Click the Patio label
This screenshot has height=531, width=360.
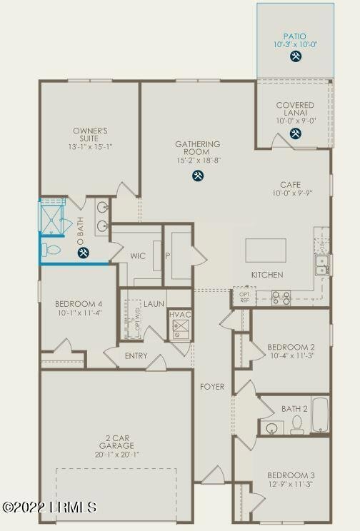[x=295, y=35]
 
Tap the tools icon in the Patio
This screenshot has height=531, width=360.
[x=295, y=59]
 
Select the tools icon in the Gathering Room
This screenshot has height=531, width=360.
[x=197, y=176]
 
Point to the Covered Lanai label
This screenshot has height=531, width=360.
[x=295, y=109]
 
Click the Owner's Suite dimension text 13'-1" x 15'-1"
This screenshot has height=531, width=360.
[x=90, y=147]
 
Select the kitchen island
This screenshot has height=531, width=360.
[x=266, y=250]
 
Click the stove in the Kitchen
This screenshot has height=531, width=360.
[x=281, y=297]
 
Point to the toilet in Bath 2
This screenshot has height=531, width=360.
[x=296, y=425]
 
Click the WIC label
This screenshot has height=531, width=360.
[x=139, y=256]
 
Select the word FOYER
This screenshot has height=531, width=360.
[x=211, y=387]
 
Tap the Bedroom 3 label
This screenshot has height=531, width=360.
[x=290, y=475]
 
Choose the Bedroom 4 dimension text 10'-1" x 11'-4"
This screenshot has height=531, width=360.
[x=78, y=312]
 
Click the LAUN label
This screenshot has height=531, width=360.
[x=154, y=303]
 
